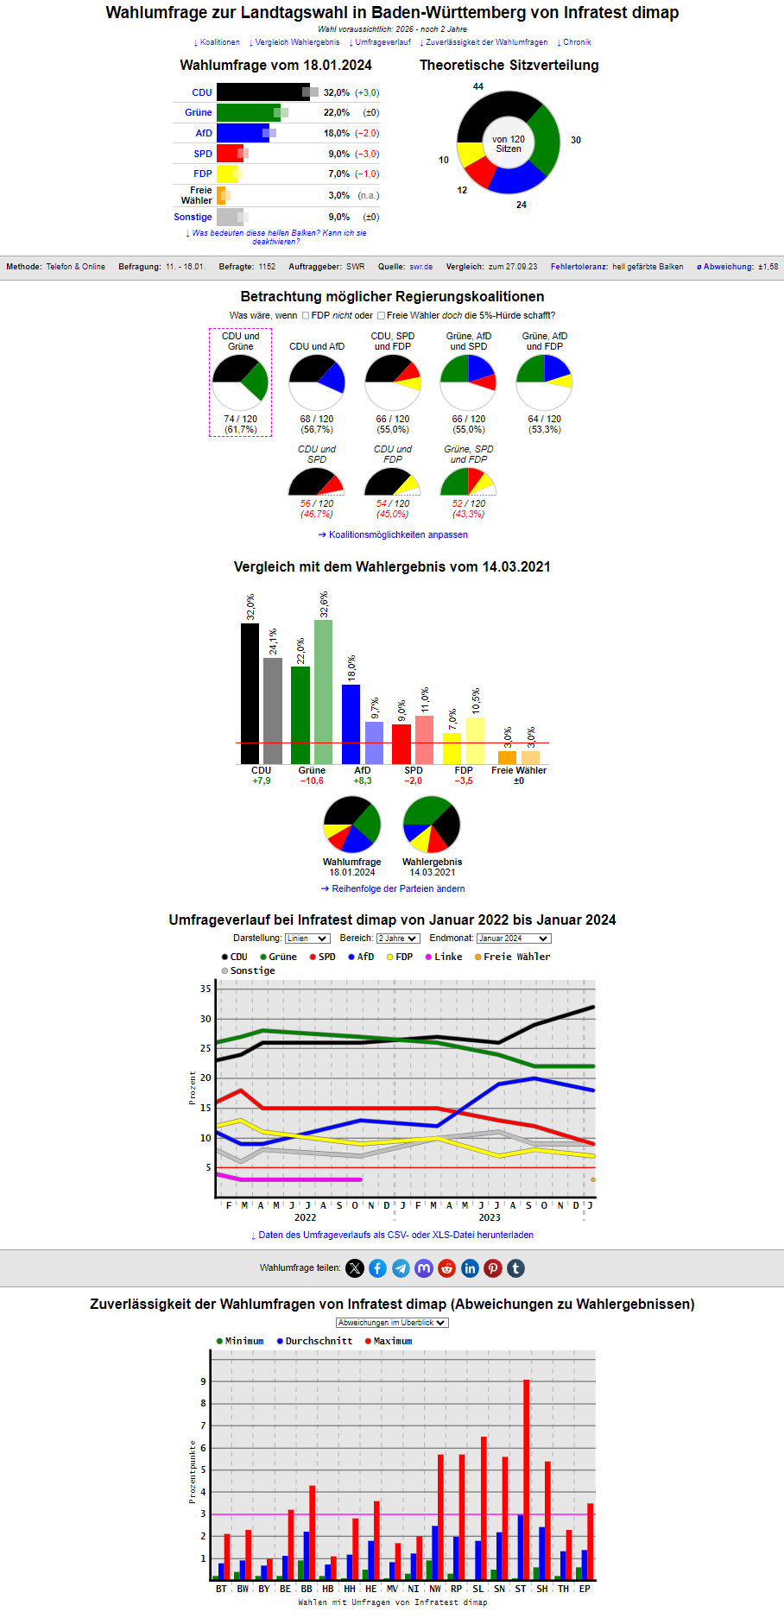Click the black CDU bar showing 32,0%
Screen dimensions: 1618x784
point(262,92)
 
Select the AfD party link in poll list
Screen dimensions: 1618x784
point(204,133)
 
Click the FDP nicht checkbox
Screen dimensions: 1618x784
point(306,315)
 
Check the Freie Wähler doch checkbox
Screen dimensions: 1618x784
point(381,315)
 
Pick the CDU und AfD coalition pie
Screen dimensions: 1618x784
point(317,382)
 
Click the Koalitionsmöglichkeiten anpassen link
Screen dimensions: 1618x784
point(393,534)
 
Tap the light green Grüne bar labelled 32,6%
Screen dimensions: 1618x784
point(323,691)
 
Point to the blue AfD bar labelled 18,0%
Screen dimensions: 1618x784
point(351,724)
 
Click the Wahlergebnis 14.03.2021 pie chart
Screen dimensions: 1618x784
point(432,825)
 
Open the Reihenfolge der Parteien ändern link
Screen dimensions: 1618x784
point(393,888)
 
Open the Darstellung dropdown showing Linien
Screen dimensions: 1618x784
point(307,939)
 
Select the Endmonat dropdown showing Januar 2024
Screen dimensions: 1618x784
point(514,939)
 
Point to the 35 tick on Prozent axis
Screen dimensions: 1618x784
point(205,989)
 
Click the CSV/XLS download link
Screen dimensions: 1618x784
point(392,1235)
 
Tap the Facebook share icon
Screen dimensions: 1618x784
point(377,1268)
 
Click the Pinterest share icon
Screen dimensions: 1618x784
point(492,1268)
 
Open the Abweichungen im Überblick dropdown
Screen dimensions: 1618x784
point(392,1323)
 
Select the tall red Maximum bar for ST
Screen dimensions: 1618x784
point(526,1480)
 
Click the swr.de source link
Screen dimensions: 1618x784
point(420,267)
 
